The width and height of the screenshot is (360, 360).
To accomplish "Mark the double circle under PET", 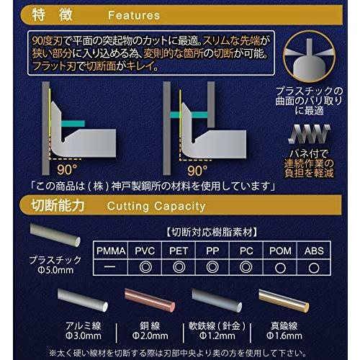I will coord(180,266).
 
